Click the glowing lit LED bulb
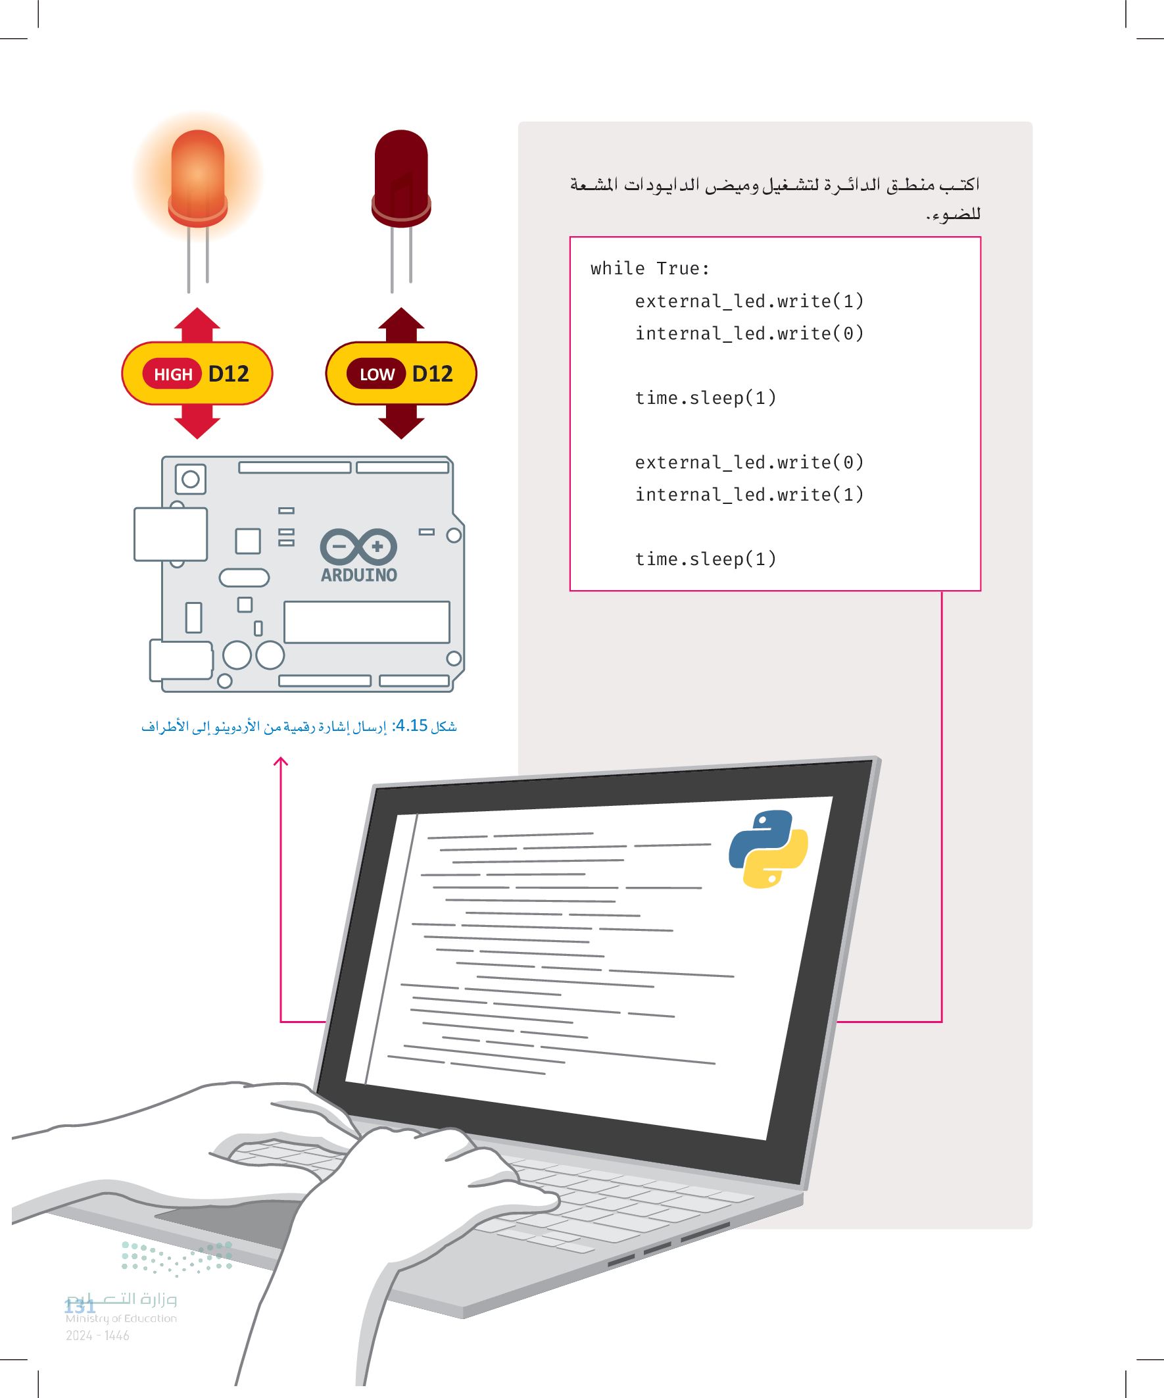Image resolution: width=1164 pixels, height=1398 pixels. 198,177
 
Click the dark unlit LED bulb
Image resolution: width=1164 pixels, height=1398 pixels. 400,177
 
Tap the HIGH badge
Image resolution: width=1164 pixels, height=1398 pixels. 172,374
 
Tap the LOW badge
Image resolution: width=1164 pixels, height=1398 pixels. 376,374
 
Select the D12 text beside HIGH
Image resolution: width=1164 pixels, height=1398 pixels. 228,374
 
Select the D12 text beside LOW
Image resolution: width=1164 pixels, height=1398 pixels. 433,374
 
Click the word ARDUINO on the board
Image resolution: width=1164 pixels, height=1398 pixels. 358,575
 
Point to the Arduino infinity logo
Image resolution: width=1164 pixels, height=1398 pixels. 358,547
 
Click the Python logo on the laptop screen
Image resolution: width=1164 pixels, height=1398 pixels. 768,849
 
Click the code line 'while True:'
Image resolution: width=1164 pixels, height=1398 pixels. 650,268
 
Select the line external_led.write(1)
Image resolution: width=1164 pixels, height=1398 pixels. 749,301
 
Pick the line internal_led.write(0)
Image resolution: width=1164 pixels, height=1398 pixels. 749,333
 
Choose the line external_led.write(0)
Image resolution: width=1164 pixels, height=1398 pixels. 749,462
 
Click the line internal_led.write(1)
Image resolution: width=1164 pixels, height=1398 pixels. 749,494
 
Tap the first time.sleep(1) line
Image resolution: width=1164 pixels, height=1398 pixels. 706,397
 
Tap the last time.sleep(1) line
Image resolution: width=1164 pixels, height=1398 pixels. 706,559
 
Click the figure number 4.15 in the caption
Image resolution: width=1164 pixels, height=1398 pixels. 411,725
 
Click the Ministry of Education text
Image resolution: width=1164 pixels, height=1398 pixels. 121,1318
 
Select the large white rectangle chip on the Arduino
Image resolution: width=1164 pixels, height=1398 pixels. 367,622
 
